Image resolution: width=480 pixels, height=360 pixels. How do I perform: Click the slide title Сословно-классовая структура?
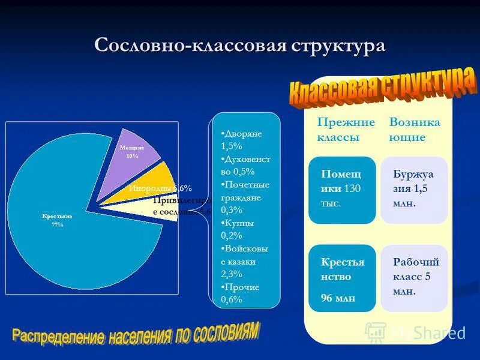click(x=239, y=47)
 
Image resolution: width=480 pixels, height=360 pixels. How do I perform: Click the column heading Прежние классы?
click(x=346, y=130)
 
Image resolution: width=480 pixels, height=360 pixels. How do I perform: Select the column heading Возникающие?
click(x=415, y=130)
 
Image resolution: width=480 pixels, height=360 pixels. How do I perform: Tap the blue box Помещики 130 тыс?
click(x=343, y=190)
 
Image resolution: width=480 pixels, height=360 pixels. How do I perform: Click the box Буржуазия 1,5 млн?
click(x=414, y=190)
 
